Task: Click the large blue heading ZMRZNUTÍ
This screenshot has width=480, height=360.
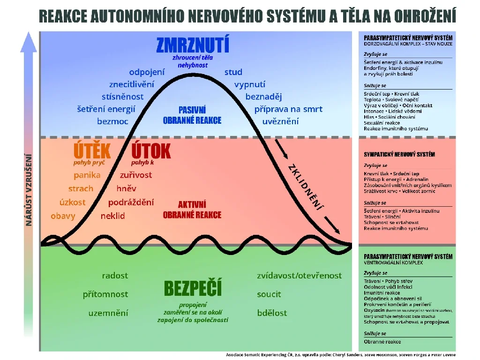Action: pos(193,45)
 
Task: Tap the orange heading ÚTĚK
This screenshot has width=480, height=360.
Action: pos(92,151)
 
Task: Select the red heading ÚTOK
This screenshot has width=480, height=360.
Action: pos(150,151)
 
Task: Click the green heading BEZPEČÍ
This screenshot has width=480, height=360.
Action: pos(193,288)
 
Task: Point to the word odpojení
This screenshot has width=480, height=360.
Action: pos(147,72)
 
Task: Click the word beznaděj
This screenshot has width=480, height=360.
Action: pos(263,97)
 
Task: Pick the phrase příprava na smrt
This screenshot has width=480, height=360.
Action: pos(288,109)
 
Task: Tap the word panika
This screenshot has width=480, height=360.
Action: pos(87,175)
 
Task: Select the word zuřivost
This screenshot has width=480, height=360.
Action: pos(136,175)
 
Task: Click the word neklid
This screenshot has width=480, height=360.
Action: pos(112,217)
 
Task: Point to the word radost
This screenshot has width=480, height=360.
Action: pos(115,276)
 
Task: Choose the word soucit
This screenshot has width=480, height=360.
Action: pos(269,294)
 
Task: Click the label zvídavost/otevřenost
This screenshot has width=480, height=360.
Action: pos(300,276)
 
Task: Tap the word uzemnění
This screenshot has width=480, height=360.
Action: pos(108,313)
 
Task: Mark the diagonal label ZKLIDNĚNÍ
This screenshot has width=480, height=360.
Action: pos(306,186)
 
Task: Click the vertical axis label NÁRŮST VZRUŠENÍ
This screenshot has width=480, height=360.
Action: pos(29,190)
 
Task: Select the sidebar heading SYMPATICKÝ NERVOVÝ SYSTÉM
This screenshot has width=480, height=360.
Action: pos(399,155)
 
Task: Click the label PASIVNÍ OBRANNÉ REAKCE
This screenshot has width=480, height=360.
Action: pos(192,115)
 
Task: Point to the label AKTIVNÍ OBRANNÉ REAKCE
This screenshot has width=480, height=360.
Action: pos(192,210)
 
